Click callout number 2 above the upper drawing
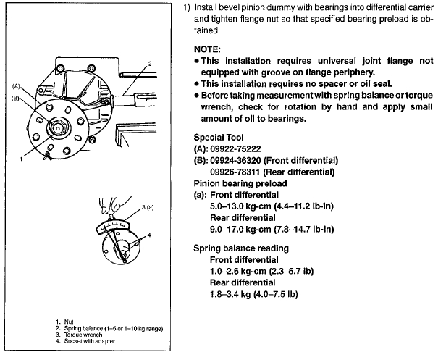click(x=150, y=64)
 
